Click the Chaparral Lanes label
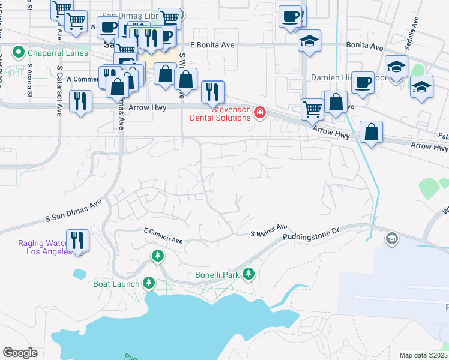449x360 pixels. click(57, 53)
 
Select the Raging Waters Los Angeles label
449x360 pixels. click(45, 247)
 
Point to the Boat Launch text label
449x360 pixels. click(116, 283)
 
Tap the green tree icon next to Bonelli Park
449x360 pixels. click(248, 275)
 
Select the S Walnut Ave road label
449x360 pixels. click(269, 231)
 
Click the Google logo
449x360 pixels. click(20, 353)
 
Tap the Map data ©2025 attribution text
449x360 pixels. click(423, 355)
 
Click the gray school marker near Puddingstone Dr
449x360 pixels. click(392, 239)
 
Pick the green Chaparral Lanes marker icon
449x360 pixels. click(18, 53)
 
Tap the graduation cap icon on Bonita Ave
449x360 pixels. click(310, 41)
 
